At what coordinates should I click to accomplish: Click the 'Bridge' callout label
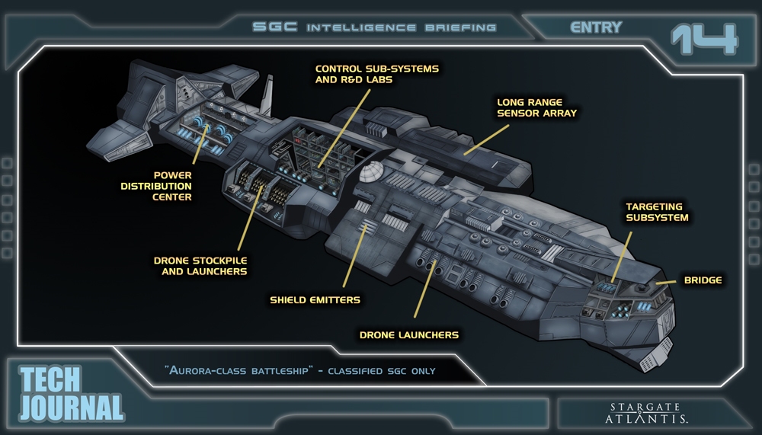coord(702,280)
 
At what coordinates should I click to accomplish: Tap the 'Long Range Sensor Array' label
coord(536,107)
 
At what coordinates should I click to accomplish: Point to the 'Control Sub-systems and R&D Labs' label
coord(376,74)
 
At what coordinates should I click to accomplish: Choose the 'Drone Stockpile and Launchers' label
coord(200,265)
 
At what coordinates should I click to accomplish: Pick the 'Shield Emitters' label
coord(315,299)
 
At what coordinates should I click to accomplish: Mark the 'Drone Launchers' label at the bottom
coord(408,334)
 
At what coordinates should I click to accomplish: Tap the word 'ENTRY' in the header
coord(597,27)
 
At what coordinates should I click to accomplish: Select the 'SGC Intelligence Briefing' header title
coord(374,27)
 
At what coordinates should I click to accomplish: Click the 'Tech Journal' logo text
coord(70,393)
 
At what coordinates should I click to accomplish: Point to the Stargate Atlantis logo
coord(648,411)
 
